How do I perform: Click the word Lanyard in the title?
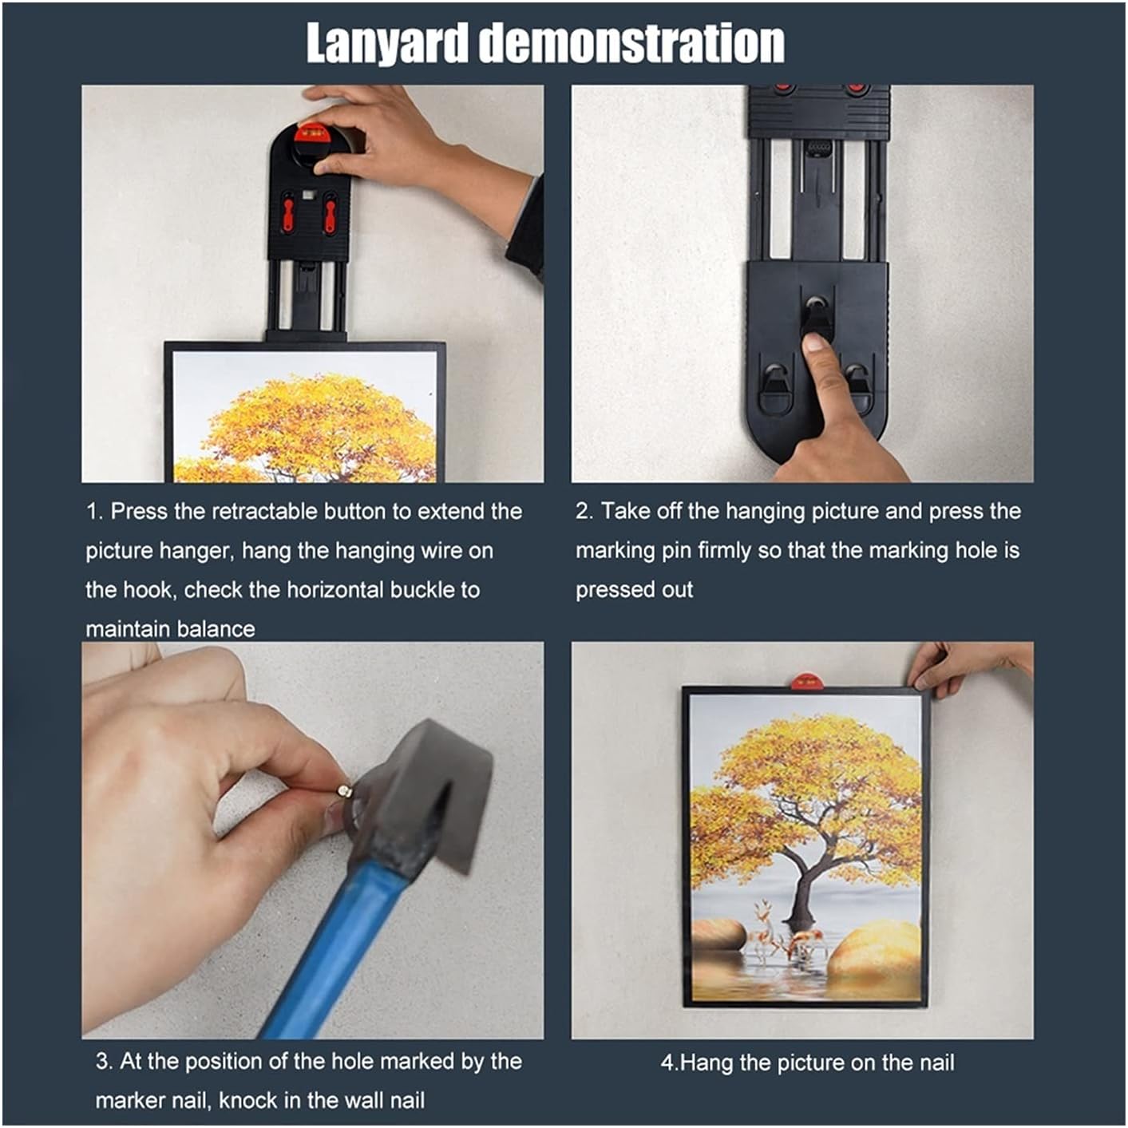tap(388, 43)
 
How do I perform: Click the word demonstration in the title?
tap(631, 43)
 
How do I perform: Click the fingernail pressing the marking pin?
tap(815, 345)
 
